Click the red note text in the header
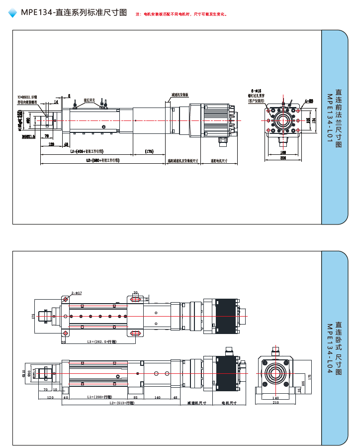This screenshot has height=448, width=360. (x=181, y=14)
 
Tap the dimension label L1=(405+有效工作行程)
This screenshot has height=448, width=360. (x=88, y=151)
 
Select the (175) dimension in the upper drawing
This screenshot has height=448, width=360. (x=149, y=151)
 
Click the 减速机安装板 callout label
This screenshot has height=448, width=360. (x=180, y=94)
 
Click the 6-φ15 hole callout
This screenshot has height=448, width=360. (x=256, y=91)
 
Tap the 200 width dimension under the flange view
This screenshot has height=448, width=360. (x=283, y=158)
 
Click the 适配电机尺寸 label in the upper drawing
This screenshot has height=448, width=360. (x=219, y=161)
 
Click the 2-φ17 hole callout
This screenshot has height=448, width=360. (x=77, y=293)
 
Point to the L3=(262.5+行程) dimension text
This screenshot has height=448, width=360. (x=101, y=342)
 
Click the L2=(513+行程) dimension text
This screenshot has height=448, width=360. (x=122, y=403)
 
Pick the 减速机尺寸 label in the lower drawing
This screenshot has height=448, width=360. (x=196, y=403)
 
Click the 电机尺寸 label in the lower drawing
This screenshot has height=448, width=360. (x=229, y=403)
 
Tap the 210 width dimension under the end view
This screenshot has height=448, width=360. (x=275, y=402)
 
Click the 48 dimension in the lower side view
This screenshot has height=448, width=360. (x=175, y=397)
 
